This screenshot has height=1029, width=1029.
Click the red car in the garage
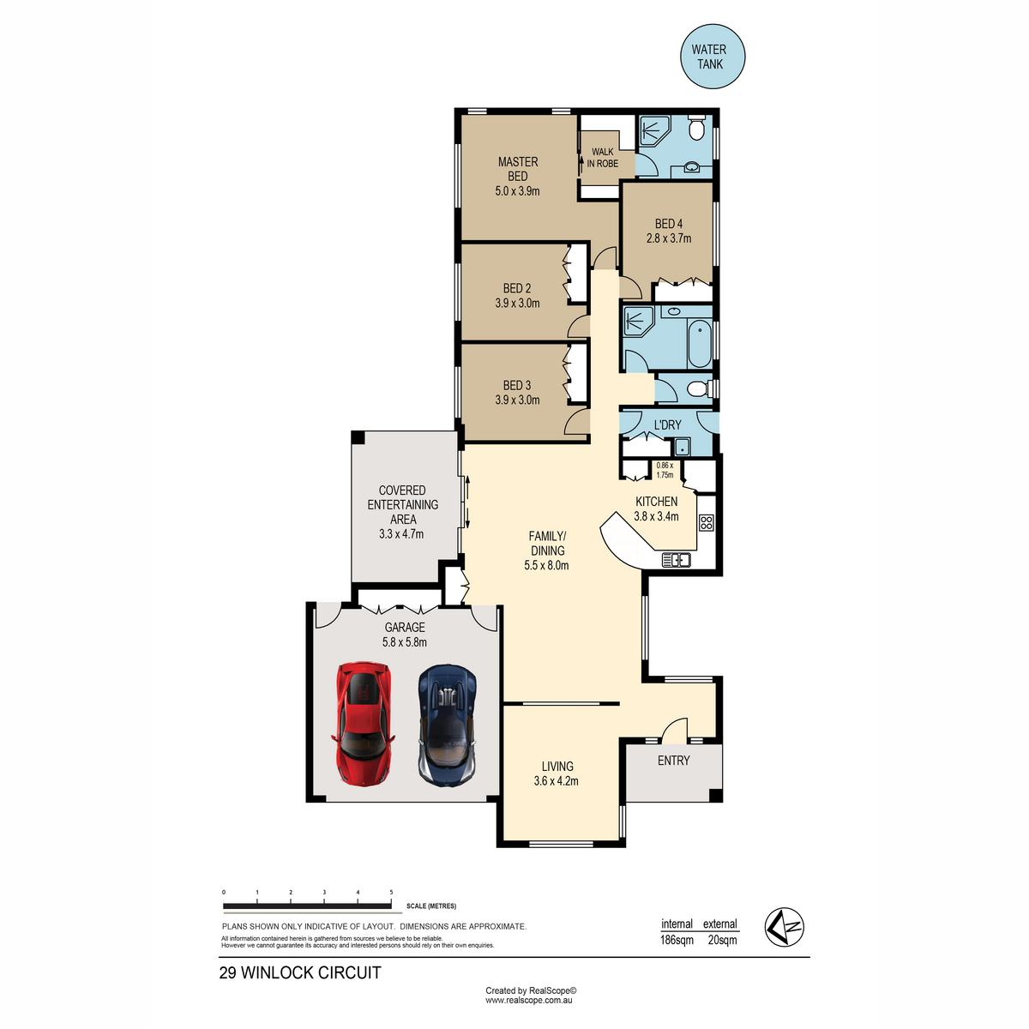(363, 725)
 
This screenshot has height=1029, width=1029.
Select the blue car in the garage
(448, 725)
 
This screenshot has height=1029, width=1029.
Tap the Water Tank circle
(713, 56)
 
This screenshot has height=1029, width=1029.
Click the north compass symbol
(784, 927)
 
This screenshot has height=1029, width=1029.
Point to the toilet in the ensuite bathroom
(695, 127)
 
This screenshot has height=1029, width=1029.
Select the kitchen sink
(676, 560)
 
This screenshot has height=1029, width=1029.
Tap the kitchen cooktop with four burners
(706, 521)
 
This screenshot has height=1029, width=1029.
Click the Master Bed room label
(517, 169)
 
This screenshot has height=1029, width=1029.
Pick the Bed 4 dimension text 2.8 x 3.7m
(669, 238)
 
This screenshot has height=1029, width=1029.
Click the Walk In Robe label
(602, 158)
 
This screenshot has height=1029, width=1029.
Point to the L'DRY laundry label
(667, 425)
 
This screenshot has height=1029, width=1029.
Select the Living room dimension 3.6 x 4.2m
(556, 780)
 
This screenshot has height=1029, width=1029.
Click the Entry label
(673, 761)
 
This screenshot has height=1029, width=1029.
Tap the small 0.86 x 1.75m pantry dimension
(665, 470)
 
